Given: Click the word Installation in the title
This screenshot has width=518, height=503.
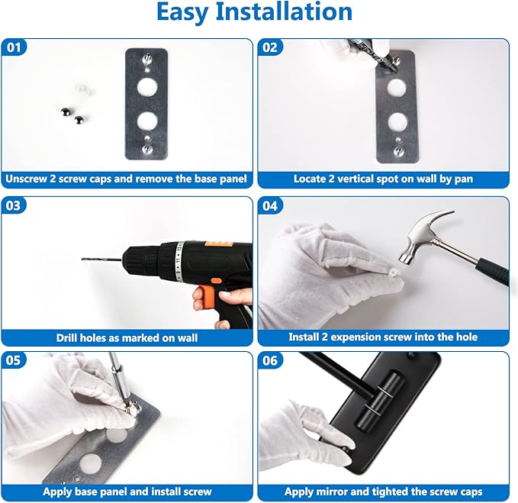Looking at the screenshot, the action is [x=284, y=11].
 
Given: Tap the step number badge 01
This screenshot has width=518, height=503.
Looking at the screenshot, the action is [x=14, y=47].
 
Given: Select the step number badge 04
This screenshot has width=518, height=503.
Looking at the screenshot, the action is [x=270, y=206].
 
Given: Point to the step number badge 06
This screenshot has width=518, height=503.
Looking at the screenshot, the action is [x=270, y=360].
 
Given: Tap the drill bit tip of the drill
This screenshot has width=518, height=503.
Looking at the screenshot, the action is [x=82, y=259].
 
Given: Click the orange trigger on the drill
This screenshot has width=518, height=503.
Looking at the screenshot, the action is [x=203, y=297].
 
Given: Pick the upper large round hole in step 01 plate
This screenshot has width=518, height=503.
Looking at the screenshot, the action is [x=147, y=87].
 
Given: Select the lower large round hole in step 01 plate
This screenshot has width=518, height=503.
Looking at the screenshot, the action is [x=147, y=121].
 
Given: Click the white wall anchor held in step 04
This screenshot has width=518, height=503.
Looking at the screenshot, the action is [x=394, y=273].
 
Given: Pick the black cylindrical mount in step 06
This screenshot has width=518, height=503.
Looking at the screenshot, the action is [x=380, y=400].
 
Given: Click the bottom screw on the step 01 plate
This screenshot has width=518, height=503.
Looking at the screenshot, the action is [x=146, y=150].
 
